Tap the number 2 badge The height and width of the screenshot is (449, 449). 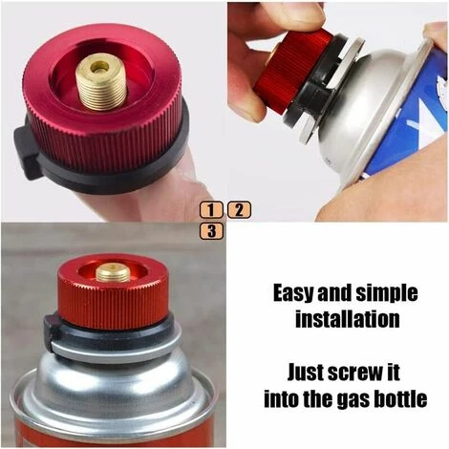pyautogui.click(x=239, y=209)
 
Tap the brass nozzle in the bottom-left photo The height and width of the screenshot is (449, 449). pyautogui.click(x=113, y=272)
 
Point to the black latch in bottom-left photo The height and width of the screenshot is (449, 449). pyautogui.click(x=52, y=331)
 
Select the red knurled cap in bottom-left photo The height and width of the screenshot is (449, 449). pyautogui.click(x=113, y=296)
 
